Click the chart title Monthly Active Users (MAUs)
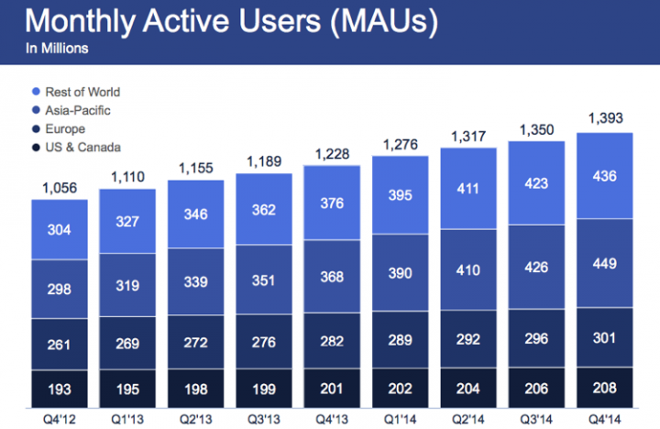(232, 21)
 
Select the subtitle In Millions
(57, 49)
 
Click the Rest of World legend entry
(76, 92)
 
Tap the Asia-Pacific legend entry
(71, 110)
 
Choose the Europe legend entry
(59, 129)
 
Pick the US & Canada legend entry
(77, 148)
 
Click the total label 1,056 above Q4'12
(60, 188)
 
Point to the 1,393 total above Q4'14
(605, 118)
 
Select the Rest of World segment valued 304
(60, 229)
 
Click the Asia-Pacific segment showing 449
(604, 263)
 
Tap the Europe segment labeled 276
(264, 341)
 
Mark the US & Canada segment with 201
(332, 388)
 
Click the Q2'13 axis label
(196, 419)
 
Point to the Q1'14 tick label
(400, 419)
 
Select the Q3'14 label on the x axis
(536, 419)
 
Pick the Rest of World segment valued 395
(401, 195)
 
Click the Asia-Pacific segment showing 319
(127, 285)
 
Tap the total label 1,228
(332, 154)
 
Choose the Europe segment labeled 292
(468, 339)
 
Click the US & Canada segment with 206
(536, 388)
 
